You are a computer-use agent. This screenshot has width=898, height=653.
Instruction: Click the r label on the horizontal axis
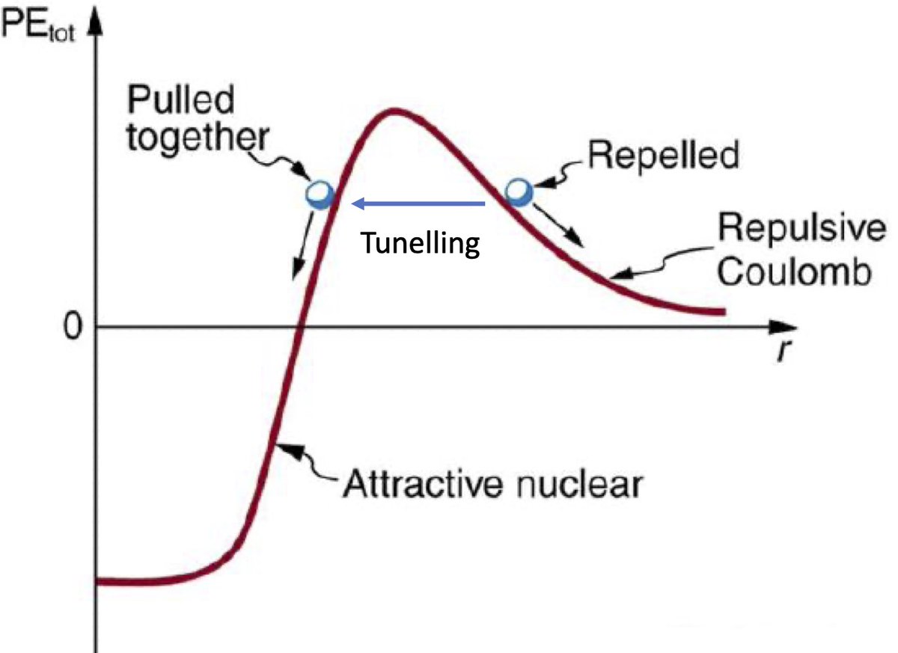click(781, 351)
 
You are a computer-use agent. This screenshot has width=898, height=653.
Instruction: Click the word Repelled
click(663, 156)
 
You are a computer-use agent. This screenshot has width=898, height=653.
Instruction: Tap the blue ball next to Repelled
click(519, 191)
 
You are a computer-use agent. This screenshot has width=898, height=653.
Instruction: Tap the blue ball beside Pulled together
click(320, 194)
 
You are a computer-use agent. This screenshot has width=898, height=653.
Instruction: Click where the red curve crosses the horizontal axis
click(299, 328)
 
